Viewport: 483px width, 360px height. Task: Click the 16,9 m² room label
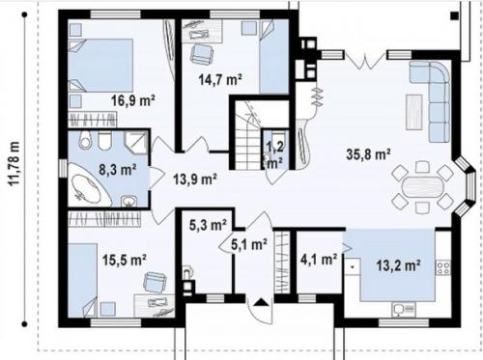(133, 100)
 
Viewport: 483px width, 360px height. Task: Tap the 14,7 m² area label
(220, 80)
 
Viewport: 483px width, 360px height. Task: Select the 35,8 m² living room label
(368, 154)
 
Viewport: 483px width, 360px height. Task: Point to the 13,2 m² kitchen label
(398, 265)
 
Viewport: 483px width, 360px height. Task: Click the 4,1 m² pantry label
(319, 259)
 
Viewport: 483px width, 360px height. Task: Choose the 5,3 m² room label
(208, 225)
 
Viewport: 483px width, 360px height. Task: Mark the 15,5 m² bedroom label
(125, 260)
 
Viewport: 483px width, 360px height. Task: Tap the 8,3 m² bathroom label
(117, 169)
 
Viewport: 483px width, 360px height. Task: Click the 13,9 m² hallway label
(195, 179)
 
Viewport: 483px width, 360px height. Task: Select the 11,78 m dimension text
(14, 163)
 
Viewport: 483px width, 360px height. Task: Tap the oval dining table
(422, 186)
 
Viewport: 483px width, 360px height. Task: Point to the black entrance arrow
(261, 302)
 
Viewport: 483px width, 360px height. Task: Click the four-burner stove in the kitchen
(443, 268)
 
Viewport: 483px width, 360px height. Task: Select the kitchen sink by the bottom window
(404, 309)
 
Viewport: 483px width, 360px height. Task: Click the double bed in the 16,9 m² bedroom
(100, 66)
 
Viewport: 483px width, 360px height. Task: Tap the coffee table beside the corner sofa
(414, 112)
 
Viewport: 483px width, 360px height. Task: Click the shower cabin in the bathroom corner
(136, 142)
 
